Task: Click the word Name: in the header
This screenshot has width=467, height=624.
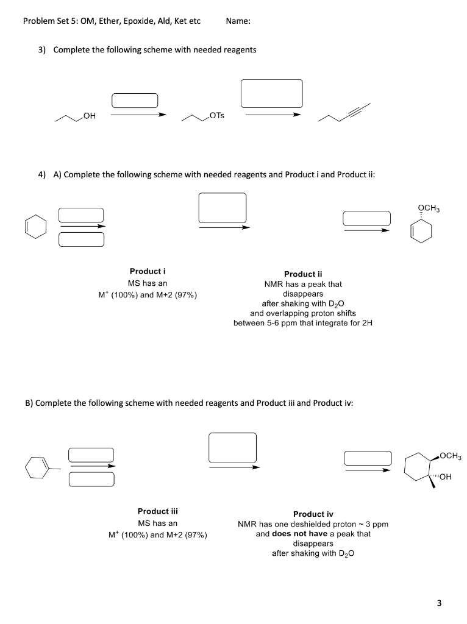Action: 238,21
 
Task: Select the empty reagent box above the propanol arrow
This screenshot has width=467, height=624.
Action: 135,100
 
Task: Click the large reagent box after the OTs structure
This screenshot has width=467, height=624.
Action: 272,93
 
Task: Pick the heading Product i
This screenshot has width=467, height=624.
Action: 148,271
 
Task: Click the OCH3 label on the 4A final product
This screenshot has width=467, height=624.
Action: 429,208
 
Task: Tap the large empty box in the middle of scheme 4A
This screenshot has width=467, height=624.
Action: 223,208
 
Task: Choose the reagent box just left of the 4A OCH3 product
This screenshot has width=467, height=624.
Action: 366,218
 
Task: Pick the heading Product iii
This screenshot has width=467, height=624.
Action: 157,511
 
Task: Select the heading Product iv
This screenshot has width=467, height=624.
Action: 313,514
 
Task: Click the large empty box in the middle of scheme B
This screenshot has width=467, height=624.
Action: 232,448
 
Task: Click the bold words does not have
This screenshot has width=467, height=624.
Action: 301,533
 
